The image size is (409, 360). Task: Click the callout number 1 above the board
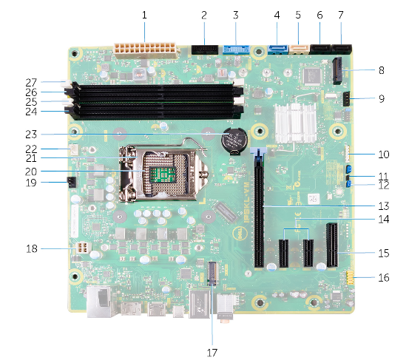[x=144, y=15]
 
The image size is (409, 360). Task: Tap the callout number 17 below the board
[x=212, y=353]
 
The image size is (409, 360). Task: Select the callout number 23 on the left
[x=31, y=135]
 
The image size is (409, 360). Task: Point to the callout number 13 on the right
[x=384, y=206]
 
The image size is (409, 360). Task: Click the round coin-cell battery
[x=234, y=140]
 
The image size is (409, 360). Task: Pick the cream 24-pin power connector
[x=146, y=50]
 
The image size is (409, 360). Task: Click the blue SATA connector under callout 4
[x=278, y=50]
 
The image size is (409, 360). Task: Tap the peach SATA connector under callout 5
[x=300, y=49]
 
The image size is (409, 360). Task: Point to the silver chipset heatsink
[x=296, y=123]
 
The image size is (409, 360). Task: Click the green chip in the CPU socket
[x=163, y=174]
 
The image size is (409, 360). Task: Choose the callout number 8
[x=382, y=70]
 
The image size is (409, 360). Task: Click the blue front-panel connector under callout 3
[x=237, y=50]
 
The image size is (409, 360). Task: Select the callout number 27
[x=31, y=83]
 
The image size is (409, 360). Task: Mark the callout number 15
[x=384, y=253]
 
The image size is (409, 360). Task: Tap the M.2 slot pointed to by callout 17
[x=213, y=274]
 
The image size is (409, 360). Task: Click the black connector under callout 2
[x=205, y=50]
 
